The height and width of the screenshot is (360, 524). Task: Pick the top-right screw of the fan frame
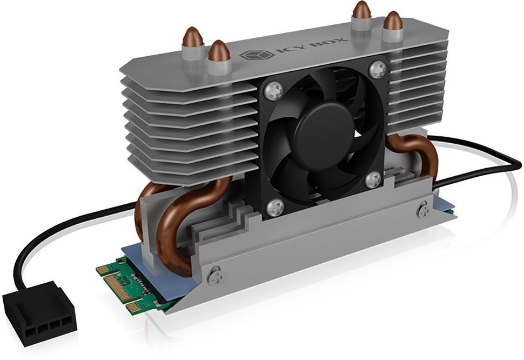click(378, 69)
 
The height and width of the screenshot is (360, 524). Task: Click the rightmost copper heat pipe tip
click(393, 22)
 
